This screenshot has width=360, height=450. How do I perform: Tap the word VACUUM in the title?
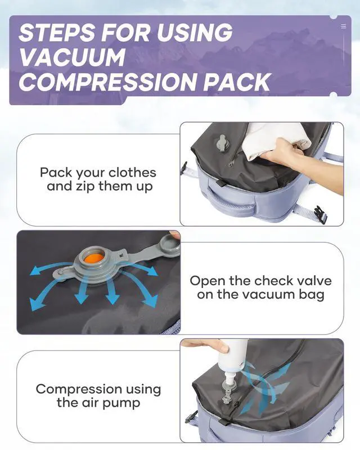coord(72,57)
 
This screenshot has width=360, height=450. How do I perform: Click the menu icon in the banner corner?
coord(343,26)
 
